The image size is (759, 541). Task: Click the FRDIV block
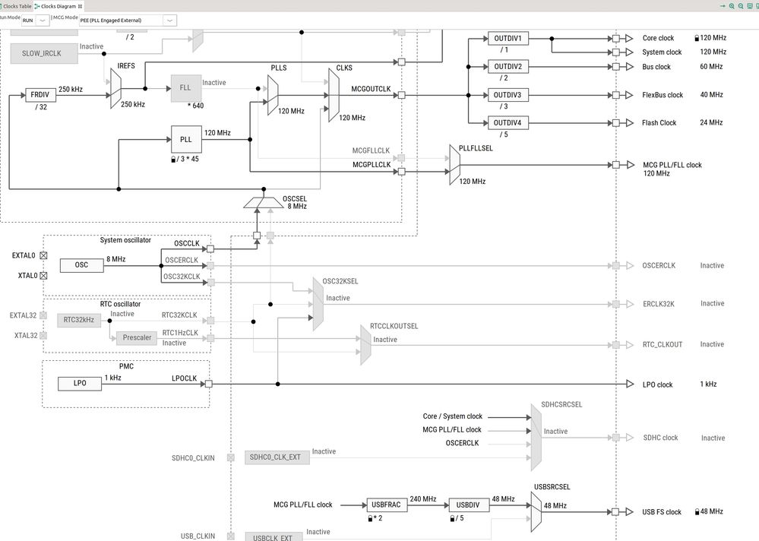[40, 95]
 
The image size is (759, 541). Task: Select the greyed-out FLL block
[185, 87]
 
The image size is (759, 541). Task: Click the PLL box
[185, 140]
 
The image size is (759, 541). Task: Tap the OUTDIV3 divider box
[508, 95]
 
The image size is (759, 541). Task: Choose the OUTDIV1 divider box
[508, 39]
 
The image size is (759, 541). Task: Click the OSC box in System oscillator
[81, 265]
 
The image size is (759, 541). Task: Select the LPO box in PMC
[80, 384]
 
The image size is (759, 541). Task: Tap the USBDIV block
[468, 505]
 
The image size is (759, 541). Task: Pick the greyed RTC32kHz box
[79, 320]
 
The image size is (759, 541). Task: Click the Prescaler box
[137, 338]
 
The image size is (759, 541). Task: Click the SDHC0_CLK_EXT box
[276, 457]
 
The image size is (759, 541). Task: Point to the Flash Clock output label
[659, 123]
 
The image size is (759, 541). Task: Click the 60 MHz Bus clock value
[711, 67]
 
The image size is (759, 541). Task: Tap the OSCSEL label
[294, 198]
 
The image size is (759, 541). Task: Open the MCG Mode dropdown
[169, 20]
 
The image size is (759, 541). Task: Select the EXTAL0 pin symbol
[43, 256]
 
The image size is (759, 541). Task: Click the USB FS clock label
[662, 512]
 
